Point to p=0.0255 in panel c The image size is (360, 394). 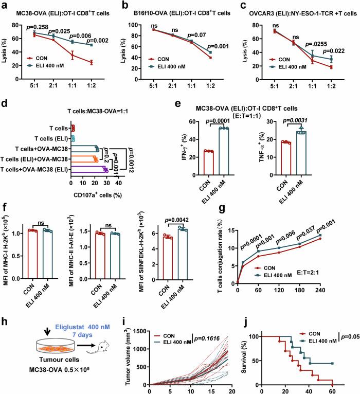pos(321,44)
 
